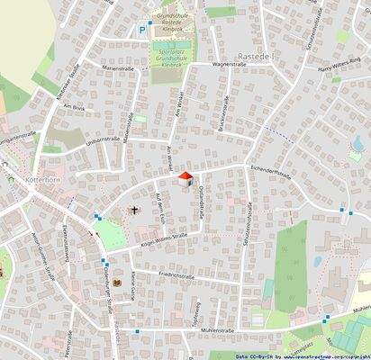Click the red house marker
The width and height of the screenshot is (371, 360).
point(185,178)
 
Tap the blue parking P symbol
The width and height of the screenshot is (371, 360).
point(141,30)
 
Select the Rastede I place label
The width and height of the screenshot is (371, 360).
point(263,32)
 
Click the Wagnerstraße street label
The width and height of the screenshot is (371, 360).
point(230,65)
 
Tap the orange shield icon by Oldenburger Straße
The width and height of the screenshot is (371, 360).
point(116,283)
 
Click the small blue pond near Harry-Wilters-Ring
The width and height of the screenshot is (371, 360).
point(356,144)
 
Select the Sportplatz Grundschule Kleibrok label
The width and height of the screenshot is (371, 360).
point(166,56)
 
